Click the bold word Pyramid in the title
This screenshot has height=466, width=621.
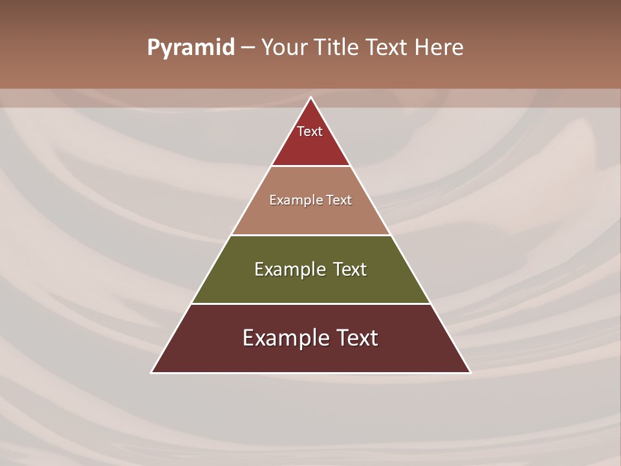click(191, 48)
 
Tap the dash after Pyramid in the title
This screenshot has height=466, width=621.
click(248, 48)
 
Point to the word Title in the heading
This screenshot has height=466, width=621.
click(336, 48)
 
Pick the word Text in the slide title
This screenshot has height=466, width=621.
click(388, 48)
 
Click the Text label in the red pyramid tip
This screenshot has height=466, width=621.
click(310, 131)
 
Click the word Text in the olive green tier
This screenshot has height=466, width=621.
click(350, 269)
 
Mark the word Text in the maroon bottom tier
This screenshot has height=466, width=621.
click(356, 338)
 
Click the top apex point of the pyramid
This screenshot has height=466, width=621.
click(310, 98)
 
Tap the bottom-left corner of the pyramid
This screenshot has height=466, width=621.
click(152, 372)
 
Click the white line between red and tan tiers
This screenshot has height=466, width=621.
click(310, 166)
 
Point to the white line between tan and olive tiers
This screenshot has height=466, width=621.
click(310, 235)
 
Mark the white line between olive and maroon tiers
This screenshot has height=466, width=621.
click(310, 304)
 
